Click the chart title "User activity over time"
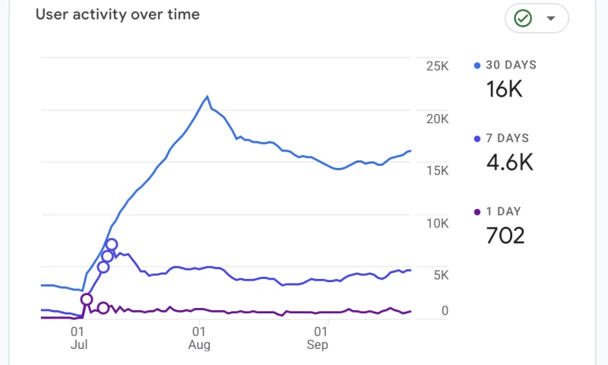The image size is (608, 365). click(118, 14)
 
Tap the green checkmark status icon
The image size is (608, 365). click(523, 18)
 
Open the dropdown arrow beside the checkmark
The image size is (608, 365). click(552, 18)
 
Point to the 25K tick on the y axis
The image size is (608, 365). click(437, 67)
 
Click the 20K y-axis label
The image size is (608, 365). click(437, 119)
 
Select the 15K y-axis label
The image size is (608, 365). click(437, 172)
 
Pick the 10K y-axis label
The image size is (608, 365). click(437, 224)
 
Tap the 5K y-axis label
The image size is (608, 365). click(441, 275)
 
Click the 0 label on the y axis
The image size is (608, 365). click(445, 310)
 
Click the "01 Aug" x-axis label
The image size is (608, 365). click(198, 338)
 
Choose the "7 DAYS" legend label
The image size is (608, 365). click(507, 138)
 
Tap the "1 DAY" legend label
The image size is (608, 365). click(503, 211)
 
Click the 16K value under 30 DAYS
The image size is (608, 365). click(505, 89)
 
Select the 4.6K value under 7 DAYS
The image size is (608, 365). click(509, 162)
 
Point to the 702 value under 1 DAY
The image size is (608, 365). click(505, 235)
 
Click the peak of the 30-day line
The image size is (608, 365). click(207, 97)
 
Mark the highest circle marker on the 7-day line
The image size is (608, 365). click(112, 245)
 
